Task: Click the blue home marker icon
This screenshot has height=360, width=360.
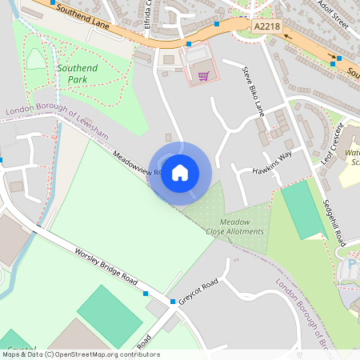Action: tap(180, 172)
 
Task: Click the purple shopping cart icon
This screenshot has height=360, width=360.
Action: tap(204, 76)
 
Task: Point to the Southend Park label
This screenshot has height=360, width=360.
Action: tap(77, 74)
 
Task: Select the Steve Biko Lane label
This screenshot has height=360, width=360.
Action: tap(253, 90)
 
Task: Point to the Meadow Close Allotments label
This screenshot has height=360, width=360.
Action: tap(235, 226)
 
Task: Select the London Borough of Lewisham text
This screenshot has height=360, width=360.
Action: tap(56, 122)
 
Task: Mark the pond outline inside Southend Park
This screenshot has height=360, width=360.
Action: tap(36, 58)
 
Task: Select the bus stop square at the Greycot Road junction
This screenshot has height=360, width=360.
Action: tap(173, 302)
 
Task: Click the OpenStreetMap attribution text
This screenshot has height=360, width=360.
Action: tap(80, 354)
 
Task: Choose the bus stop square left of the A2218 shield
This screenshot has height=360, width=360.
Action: tap(217, 24)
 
